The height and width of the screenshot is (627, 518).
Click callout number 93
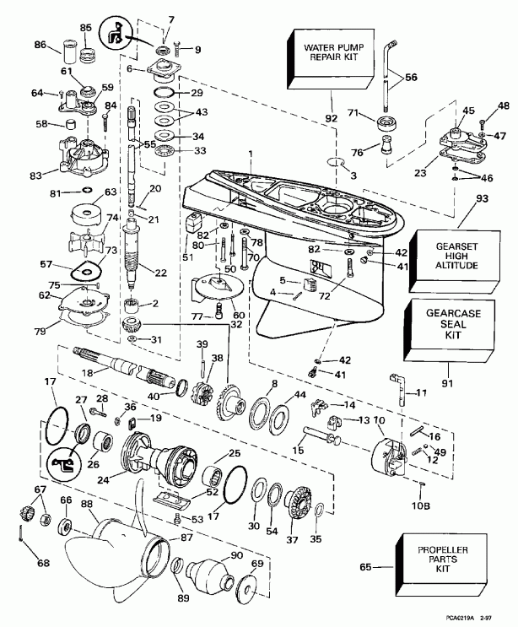482,199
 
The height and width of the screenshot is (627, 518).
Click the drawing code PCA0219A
456,619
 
